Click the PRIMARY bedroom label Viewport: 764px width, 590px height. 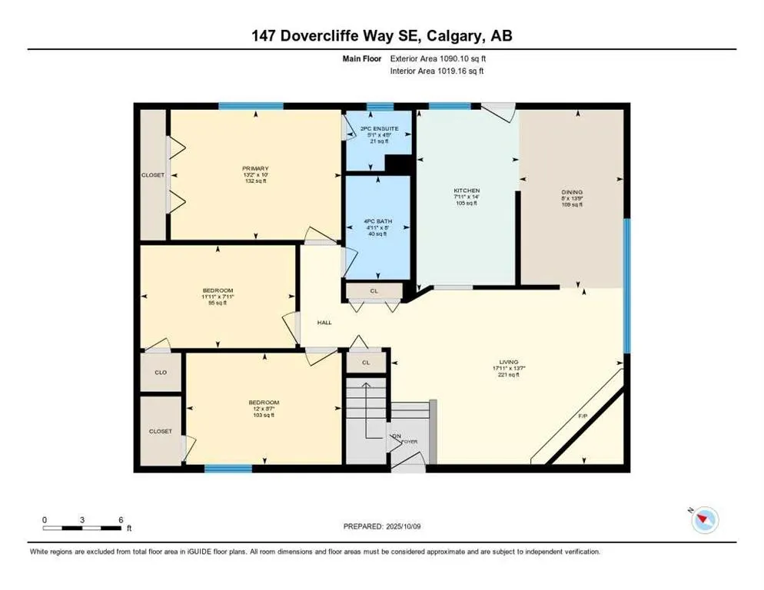pos(255,168)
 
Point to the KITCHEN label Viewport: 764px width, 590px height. pos(467,191)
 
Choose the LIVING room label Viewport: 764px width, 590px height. pos(508,362)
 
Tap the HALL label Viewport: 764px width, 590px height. pos(324,322)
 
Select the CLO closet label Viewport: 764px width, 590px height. pos(161,372)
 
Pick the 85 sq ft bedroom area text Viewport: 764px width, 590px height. pos(217,303)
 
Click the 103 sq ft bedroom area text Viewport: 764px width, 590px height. pos(263,415)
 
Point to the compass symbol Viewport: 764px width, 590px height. pos(704,520)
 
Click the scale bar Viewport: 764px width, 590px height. pos(82,528)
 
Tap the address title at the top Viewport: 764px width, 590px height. pos(382,35)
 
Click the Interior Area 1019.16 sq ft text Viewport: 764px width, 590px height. pos(437,71)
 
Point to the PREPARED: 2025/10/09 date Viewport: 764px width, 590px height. pos(383,526)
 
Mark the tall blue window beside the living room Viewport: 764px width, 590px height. pos(626,284)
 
